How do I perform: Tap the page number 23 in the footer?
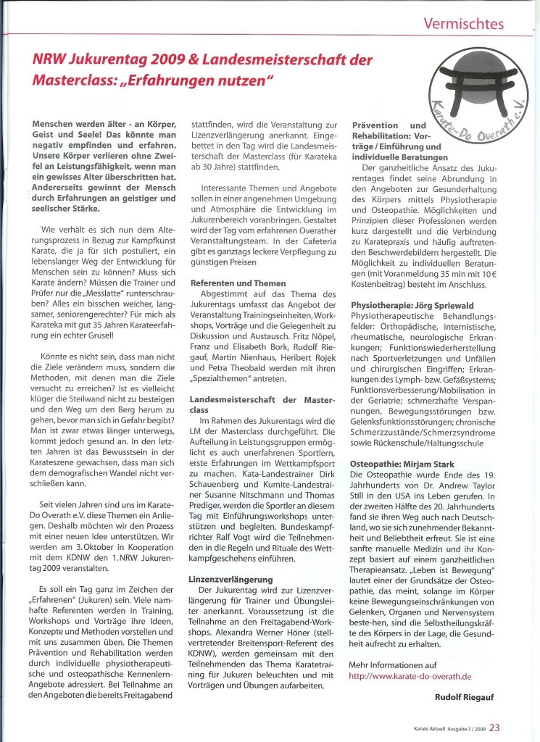[494, 728]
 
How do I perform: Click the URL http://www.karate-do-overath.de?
[410, 675]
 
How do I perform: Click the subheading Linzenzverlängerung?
[231, 580]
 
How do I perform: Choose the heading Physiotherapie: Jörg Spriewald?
[412, 305]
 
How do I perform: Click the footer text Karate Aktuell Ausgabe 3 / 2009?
[444, 729]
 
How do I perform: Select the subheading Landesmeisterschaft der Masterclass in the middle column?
[259, 404]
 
